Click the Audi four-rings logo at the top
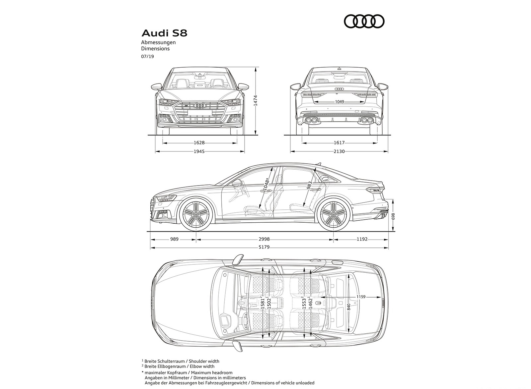pyautogui.click(x=364, y=22)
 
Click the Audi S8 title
pyautogui.click(x=164, y=33)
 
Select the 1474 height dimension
pyautogui.click(x=255, y=100)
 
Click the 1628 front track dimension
pyautogui.click(x=199, y=143)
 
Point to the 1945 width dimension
pyautogui.click(x=199, y=151)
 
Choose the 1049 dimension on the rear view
pyautogui.click(x=339, y=102)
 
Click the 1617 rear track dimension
pyautogui.click(x=339, y=143)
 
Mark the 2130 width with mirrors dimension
pyautogui.click(x=339, y=151)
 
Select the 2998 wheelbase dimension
pyautogui.click(x=265, y=239)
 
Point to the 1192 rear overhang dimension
pyautogui.click(x=362, y=239)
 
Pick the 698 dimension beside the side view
pyautogui.click(x=393, y=216)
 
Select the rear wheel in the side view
pyautogui.click(x=333, y=215)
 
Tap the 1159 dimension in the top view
pyautogui.click(x=361, y=297)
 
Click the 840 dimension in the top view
pyautogui.click(x=348, y=307)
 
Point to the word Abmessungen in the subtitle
pyautogui.click(x=158, y=42)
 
